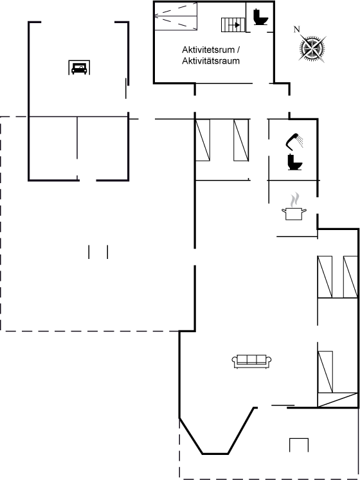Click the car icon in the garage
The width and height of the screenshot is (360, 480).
(x=79, y=67)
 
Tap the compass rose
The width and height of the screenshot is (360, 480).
(x=312, y=48)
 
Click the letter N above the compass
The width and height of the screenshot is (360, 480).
(x=296, y=30)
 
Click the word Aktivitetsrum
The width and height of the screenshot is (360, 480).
(x=208, y=50)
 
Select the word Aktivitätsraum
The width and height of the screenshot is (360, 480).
(x=211, y=61)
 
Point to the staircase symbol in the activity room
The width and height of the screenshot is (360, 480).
(x=233, y=25)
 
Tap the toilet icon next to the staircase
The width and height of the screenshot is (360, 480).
(x=261, y=17)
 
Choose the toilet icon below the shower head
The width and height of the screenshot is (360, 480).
(x=294, y=162)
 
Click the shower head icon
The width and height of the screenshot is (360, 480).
(x=294, y=141)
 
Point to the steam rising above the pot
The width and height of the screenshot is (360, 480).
(x=294, y=200)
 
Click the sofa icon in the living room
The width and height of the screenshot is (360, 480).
(x=252, y=362)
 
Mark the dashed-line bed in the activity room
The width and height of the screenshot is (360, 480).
(x=175, y=16)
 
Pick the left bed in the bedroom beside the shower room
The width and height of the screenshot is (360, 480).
(x=203, y=140)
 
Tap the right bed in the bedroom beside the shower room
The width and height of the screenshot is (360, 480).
(x=241, y=140)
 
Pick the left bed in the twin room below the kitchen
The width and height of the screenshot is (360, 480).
(x=325, y=277)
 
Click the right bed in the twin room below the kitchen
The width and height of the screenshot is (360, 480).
(x=350, y=277)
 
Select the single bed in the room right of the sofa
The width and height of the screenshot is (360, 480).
(x=325, y=371)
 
